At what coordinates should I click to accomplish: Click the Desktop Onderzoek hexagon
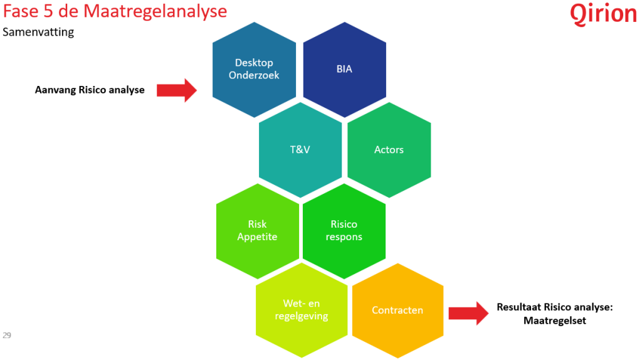point(254,69)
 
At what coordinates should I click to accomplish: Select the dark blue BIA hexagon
point(344,69)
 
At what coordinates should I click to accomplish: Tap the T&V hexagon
point(300,149)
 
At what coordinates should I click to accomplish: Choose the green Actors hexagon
point(389,149)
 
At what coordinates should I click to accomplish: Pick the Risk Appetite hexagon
point(257,230)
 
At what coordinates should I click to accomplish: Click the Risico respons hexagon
point(344,230)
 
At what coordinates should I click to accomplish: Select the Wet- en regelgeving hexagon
point(302,310)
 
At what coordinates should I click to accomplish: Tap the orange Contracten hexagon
point(397,310)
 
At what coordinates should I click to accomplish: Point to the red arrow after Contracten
point(468,312)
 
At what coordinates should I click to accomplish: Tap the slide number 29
point(7,335)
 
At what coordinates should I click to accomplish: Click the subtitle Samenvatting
point(38,32)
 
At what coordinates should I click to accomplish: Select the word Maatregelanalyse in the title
point(159,12)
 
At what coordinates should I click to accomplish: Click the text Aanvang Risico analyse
point(90,90)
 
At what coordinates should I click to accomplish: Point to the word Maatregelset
point(554,320)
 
